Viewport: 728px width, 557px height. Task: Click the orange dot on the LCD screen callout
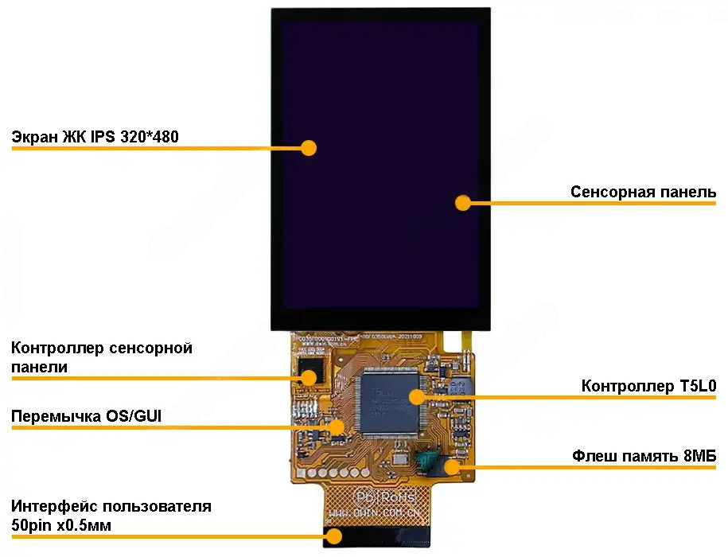pyautogui.click(x=309, y=147)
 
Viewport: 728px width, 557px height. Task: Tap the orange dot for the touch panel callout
pyautogui.click(x=462, y=203)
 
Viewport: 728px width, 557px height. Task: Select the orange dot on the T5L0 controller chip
pyautogui.click(x=415, y=395)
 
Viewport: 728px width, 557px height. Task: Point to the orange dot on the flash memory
pyautogui.click(x=451, y=466)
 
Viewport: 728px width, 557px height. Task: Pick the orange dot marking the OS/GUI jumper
pyautogui.click(x=337, y=427)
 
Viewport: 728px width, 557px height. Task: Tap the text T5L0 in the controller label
pyautogui.click(x=698, y=387)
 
